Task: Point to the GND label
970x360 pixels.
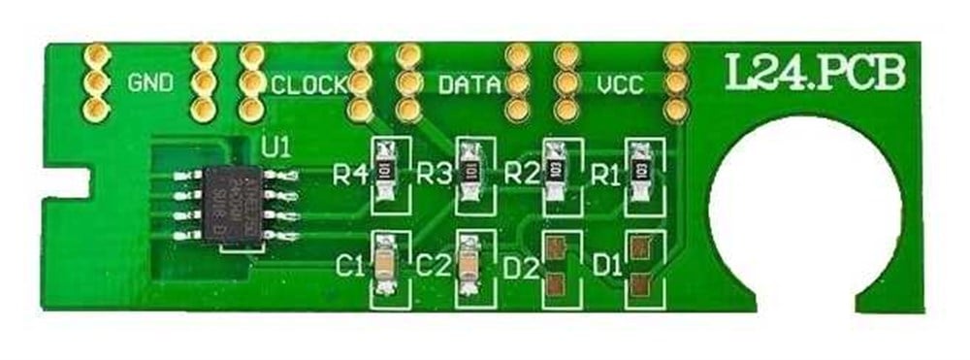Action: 150,82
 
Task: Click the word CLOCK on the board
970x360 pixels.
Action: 308,85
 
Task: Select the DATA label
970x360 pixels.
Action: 469,85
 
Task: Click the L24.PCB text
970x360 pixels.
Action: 815,73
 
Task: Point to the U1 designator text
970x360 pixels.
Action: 276,147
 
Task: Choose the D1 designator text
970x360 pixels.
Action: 605,263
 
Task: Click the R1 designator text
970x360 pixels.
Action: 605,176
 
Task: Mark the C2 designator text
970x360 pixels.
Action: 433,263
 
